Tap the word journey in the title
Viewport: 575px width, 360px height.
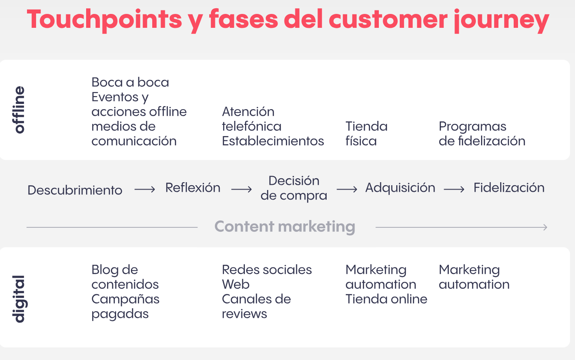(x=501, y=20)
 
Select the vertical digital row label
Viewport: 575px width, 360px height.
(x=19, y=299)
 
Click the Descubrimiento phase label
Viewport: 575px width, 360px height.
(x=75, y=190)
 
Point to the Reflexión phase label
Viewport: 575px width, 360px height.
(x=193, y=187)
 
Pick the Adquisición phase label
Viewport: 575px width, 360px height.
(x=400, y=187)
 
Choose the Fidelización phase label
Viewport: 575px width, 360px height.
(x=509, y=187)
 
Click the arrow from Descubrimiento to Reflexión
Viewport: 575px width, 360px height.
(x=145, y=190)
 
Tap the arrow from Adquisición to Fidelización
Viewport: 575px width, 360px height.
(x=454, y=190)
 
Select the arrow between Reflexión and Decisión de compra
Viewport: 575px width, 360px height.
(x=241, y=190)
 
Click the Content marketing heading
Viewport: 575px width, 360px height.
(x=285, y=227)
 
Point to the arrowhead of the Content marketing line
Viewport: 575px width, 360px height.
(x=546, y=227)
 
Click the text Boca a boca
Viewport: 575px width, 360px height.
(x=130, y=82)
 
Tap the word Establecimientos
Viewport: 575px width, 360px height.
(x=273, y=141)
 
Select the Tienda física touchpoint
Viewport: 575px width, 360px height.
(x=366, y=133)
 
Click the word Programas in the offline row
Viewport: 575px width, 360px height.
(x=472, y=127)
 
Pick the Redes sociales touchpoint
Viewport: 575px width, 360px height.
(x=267, y=270)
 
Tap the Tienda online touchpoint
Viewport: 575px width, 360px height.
(x=386, y=299)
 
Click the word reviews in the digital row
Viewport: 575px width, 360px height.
(x=244, y=314)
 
